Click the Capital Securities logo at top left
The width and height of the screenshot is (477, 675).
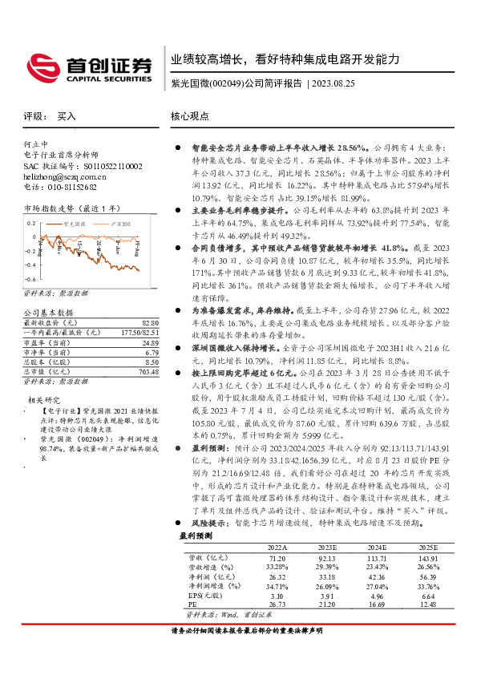[89, 67]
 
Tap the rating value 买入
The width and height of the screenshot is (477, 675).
[67, 116]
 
